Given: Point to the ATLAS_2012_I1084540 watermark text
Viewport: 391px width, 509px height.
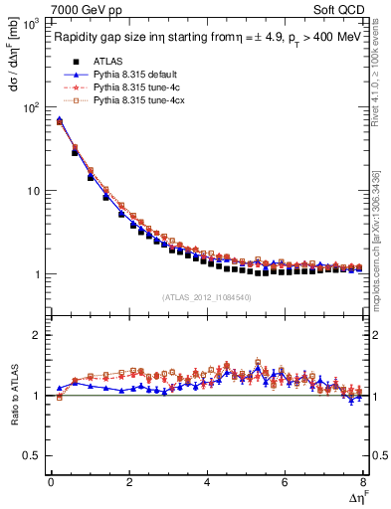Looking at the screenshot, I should click(x=207, y=296).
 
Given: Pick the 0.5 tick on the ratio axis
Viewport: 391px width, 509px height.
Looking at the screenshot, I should click(x=36, y=455).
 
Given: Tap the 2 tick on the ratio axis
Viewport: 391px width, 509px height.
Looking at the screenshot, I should click(x=41, y=335).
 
